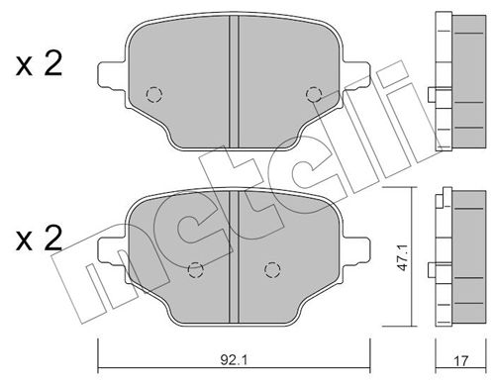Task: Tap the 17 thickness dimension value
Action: click(x=459, y=360)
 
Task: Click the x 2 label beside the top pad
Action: click(x=40, y=65)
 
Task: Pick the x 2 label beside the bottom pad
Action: click(x=40, y=239)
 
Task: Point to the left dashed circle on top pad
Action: click(x=152, y=95)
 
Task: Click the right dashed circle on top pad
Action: click(x=314, y=95)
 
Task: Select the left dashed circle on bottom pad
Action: click(x=195, y=267)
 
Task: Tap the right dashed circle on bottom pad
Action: click(x=270, y=267)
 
